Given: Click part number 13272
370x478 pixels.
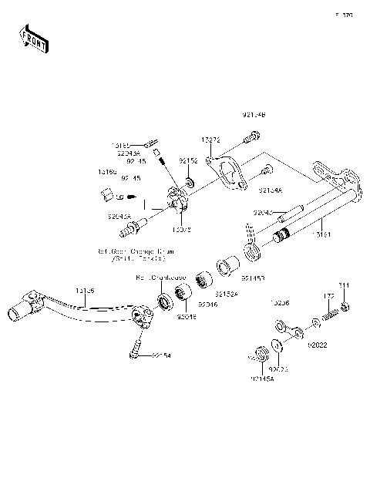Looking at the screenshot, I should pos(211,140).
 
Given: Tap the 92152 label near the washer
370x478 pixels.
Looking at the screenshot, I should pos(189,160).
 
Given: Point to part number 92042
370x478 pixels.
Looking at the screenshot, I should pos(264,210).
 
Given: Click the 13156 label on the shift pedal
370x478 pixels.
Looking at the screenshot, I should pos(85,291).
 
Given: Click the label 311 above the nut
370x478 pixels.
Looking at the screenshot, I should pos(344,286).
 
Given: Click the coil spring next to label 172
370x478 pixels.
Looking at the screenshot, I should pos(329,315).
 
